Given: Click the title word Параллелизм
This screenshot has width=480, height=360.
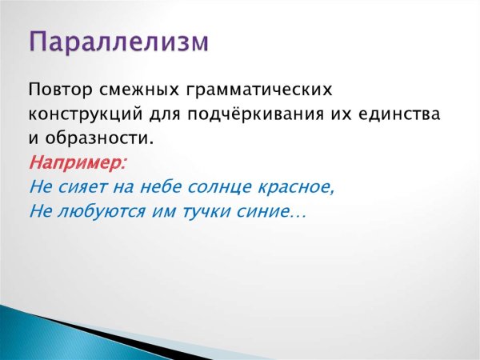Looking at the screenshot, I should click(119, 42).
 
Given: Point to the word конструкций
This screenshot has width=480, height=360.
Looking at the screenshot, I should click(82, 114).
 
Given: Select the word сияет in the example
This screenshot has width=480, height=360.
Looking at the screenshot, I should click(82, 189).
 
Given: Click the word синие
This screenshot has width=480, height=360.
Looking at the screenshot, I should click(266, 213).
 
